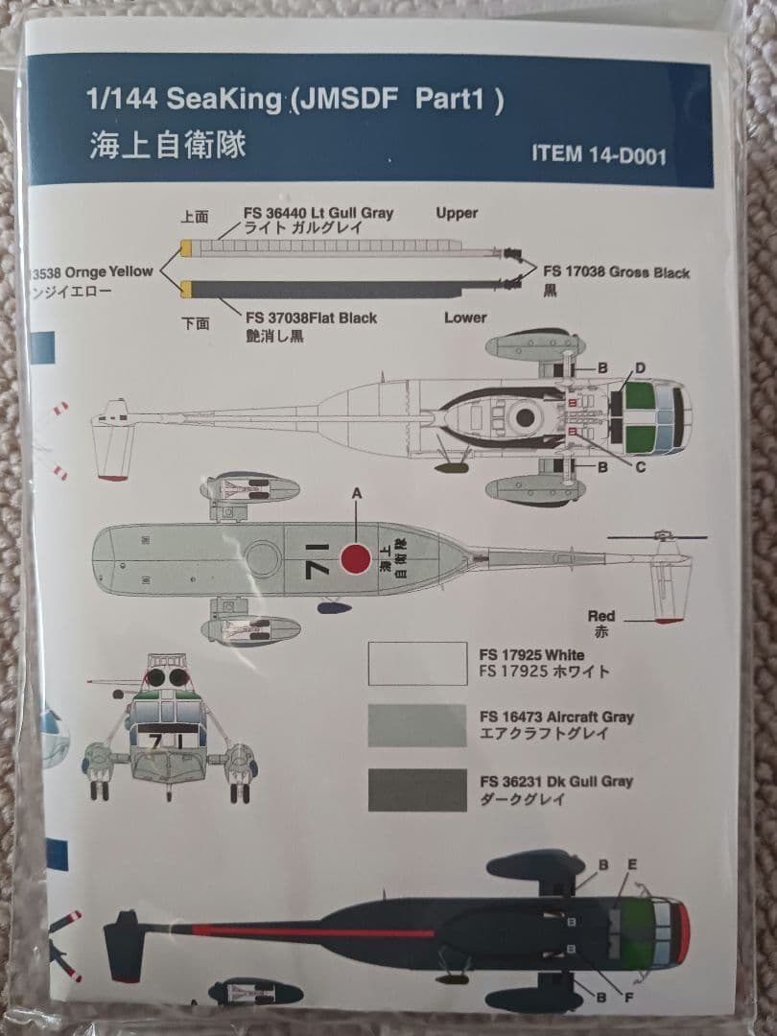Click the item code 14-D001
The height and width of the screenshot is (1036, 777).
[x=599, y=154]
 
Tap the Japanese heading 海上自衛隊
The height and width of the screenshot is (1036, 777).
[x=168, y=144]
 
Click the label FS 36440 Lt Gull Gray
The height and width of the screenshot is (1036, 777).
[x=319, y=213]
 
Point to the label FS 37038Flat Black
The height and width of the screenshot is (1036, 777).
[x=311, y=318]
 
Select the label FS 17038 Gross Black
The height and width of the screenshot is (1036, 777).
[x=616, y=272]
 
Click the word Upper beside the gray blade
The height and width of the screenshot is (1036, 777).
[x=457, y=213]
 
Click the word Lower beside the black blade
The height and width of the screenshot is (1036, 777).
[x=465, y=318]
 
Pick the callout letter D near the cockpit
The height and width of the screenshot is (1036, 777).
[x=640, y=367]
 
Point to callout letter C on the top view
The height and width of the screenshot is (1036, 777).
[x=640, y=467]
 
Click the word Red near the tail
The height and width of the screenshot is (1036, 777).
[x=601, y=616]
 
